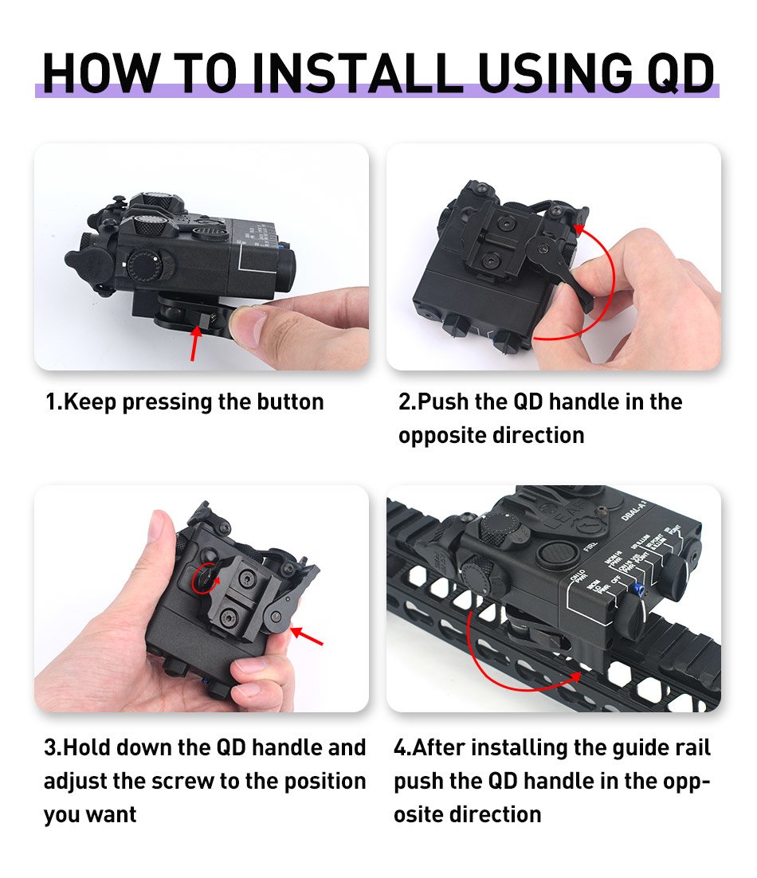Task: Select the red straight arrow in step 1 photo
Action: pos(194,343)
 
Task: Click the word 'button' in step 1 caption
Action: pos(287,402)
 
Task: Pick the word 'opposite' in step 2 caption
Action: pos(441,435)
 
